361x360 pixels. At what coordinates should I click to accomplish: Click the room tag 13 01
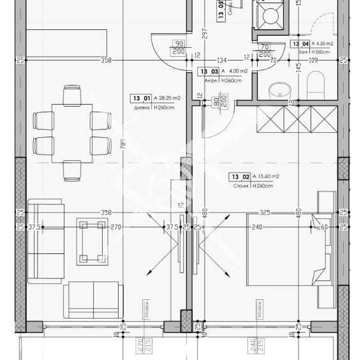142,98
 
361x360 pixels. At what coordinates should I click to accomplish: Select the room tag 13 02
240,177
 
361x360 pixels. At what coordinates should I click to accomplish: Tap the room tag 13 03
209,72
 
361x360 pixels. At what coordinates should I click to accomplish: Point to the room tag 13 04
300,44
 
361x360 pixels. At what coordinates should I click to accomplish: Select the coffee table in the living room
92,240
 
